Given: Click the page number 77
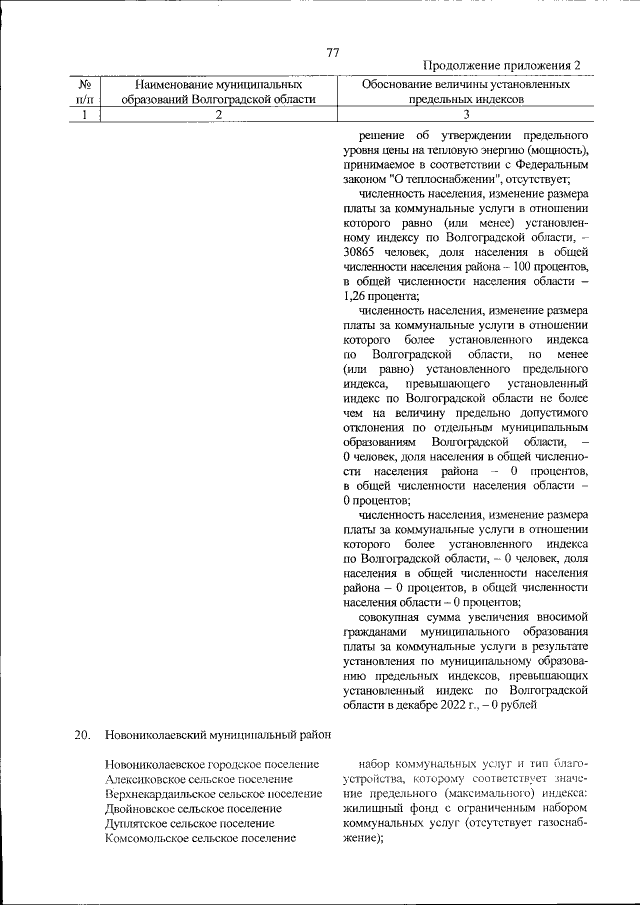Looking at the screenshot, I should pos(333,52).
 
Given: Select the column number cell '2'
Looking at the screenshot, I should pos(218,114).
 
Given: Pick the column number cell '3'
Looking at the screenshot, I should pos(466,114).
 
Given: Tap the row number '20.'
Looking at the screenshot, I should pos(83,736).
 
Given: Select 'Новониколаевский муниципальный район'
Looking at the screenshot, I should pos(217,736).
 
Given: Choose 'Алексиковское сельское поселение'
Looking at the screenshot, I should pos(198,779).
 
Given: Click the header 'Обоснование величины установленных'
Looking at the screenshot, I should pos(466,84).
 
